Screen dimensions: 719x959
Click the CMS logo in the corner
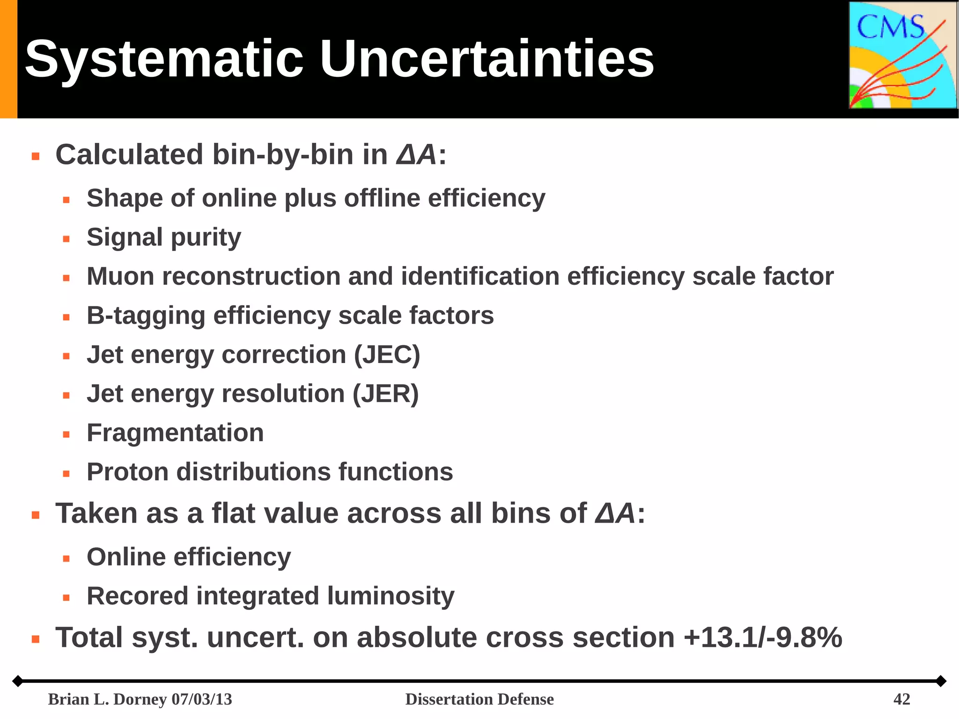[903, 55]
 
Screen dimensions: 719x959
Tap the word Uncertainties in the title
[487, 59]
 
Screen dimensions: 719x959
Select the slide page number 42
[901, 699]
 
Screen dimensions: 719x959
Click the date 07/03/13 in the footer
[202, 699]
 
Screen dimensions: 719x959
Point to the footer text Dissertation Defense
[479, 699]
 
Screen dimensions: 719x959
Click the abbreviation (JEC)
[387, 355]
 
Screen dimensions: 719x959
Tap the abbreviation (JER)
[385, 394]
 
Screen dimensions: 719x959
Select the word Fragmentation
[175, 433]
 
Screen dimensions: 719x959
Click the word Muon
[120, 276]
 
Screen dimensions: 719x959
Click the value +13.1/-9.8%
[763, 637]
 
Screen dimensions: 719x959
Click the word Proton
[127, 472]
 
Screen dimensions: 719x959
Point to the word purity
[206, 237]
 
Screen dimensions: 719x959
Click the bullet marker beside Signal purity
[66, 239]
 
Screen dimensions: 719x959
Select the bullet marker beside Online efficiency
[66, 558]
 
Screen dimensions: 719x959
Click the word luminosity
[391, 596]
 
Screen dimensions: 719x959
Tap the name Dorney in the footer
[140, 699]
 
